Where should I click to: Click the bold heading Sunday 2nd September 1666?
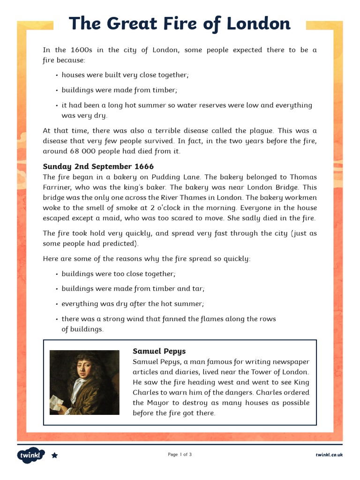pyautogui.click(x=98, y=166)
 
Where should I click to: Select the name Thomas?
pyautogui.click(x=303, y=177)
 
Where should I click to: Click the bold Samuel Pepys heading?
pyautogui.click(x=159, y=351)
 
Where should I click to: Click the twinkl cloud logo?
pyautogui.click(x=31, y=455)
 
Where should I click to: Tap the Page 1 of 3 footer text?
pyautogui.click(x=180, y=455)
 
